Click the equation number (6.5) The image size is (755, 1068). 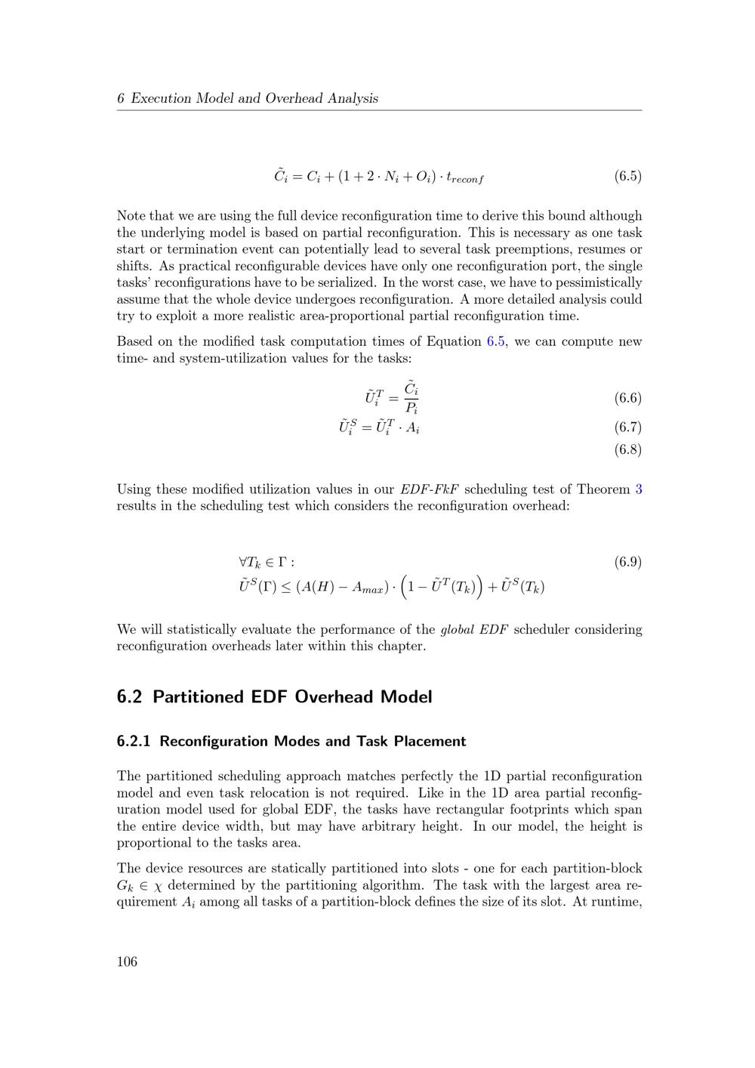pos(627,177)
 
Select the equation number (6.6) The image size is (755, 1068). pos(627,398)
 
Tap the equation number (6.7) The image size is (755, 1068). pos(627,428)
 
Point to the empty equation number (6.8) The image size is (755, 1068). pos(627,450)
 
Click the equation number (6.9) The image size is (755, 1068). pos(627,562)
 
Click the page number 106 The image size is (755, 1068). pos(127,962)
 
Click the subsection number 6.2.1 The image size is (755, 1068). pos(134,742)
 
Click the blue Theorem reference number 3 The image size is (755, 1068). pos(639,489)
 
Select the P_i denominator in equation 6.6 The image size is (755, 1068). pos(411,409)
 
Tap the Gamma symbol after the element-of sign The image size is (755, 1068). pos(282,562)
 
